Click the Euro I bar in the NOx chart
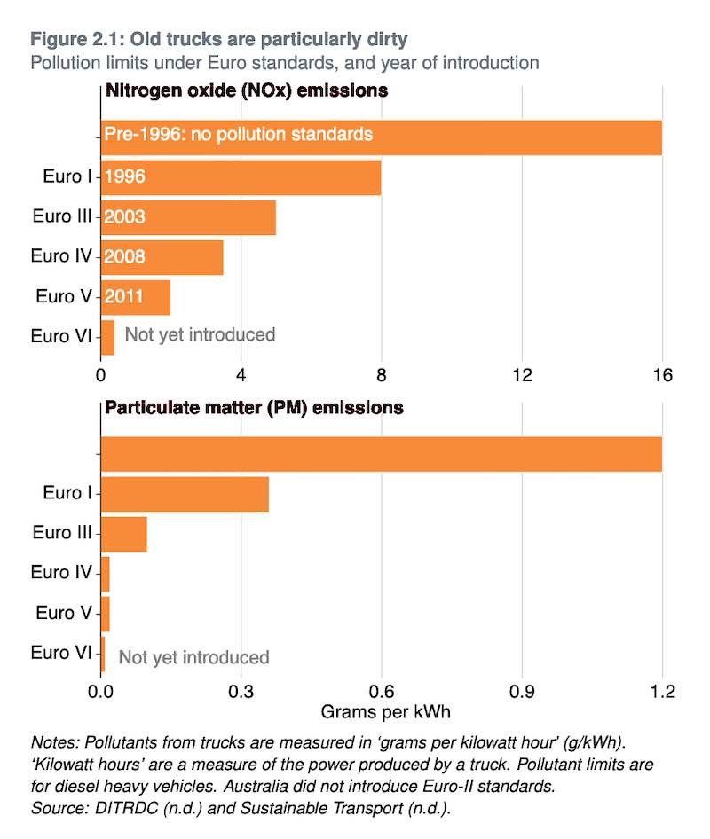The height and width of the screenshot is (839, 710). click(241, 177)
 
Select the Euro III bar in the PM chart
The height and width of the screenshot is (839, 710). click(123, 534)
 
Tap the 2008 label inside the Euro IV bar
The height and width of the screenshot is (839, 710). click(124, 257)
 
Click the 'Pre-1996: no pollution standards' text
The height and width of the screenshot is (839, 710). click(238, 136)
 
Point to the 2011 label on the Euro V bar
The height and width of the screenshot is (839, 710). click(123, 296)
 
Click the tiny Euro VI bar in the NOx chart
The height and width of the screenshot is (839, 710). click(107, 337)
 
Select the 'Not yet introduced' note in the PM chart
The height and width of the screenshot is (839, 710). click(193, 657)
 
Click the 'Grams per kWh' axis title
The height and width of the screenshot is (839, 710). click(381, 712)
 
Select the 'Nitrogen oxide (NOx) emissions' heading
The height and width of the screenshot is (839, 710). click(246, 90)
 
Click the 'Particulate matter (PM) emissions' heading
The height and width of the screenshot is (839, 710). click(254, 408)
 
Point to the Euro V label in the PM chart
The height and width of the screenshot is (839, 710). click(64, 613)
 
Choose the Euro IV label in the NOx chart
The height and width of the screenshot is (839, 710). click(61, 256)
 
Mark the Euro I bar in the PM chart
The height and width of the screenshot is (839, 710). click(185, 493)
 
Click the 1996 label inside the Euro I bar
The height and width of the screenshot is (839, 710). click(124, 176)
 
